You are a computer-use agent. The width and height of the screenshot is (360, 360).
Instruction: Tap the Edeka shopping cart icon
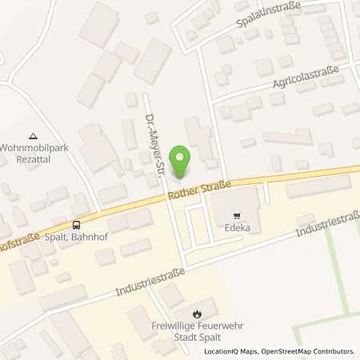coord(236,216)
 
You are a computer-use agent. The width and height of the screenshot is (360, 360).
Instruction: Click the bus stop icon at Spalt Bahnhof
coord(76,226)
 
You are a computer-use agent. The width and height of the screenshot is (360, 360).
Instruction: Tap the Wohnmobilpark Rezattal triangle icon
coord(32,135)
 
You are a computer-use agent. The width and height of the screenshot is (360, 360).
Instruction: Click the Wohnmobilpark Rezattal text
coord(33,151)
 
